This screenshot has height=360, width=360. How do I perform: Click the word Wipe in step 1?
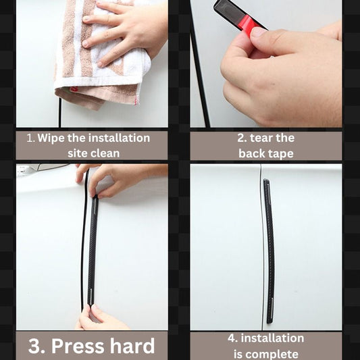tap(51, 138)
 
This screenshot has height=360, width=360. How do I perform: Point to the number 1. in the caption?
tap(30, 138)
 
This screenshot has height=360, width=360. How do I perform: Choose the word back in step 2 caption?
tap(251, 153)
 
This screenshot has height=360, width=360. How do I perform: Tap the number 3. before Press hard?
tap(37, 346)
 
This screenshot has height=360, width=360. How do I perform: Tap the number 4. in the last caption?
tap(233, 338)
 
